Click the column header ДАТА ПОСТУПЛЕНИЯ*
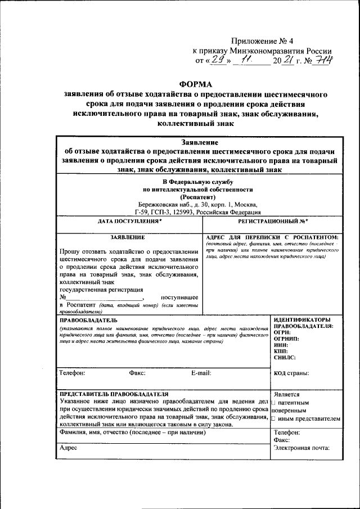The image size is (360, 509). tap(129, 222)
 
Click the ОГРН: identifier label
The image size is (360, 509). tap(283, 332)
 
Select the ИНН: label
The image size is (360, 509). tap(282, 345)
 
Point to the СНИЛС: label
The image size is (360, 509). tap(285, 357)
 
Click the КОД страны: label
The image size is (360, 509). tap(291, 372)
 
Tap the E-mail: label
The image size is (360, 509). tap(201, 372)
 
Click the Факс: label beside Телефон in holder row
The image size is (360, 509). tap(137, 372)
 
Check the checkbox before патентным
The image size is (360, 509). tap(273, 403)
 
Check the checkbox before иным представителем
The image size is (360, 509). tap(273, 419)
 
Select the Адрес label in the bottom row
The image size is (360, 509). tap(68, 448)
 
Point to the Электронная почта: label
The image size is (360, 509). tap(301, 448)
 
